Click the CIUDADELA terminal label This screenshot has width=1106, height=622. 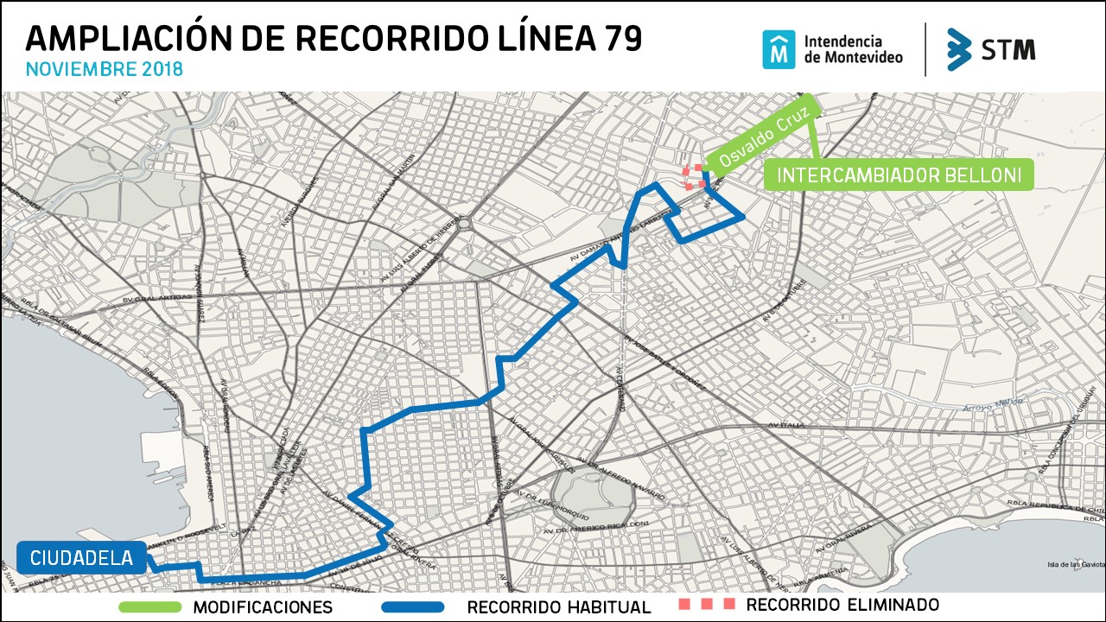tap(81, 559)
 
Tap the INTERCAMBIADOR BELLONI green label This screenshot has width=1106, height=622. tap(899, 175)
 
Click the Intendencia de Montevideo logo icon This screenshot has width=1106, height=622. tap(779, 49)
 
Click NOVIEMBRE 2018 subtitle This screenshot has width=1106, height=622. tap(105, 69)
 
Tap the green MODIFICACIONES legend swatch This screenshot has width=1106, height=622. tap(150, 607)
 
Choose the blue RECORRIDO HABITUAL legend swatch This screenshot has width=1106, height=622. tap(413, 607)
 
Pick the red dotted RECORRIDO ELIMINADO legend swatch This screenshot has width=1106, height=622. tap(706, 604)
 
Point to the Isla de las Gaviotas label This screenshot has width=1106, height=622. tap(1076, 565)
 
